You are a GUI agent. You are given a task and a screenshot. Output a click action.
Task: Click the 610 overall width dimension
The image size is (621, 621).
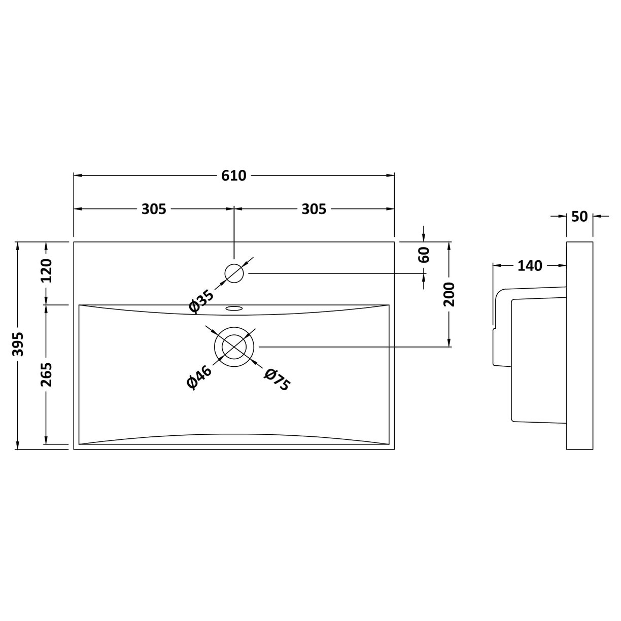[x=234, y=176]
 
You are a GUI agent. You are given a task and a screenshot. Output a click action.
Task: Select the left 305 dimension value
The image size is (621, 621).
[x=154, y=209]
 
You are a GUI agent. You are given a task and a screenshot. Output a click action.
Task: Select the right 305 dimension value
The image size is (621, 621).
[x=314, y=209]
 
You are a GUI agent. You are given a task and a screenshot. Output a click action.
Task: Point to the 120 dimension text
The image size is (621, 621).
[x=46, y=271]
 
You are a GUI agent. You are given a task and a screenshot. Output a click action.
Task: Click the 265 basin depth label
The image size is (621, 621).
[x=46, y=374]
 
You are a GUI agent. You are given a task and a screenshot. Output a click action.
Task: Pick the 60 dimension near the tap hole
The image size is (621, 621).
[x=425, y=254]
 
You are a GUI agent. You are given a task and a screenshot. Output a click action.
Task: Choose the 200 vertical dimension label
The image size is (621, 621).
[x=449, y=294]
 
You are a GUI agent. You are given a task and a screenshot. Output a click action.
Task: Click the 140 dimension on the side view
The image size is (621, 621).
[x=530, y=265]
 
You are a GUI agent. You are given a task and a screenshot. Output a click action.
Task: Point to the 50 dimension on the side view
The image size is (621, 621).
[x=579, y=217]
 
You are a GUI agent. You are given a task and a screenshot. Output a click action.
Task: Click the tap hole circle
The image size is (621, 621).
[x=234, y=273]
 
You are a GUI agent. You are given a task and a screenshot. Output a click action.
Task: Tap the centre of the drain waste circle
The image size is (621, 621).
[x=234, y=347]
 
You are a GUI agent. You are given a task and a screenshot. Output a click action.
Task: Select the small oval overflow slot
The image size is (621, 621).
[x=234, y=308]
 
